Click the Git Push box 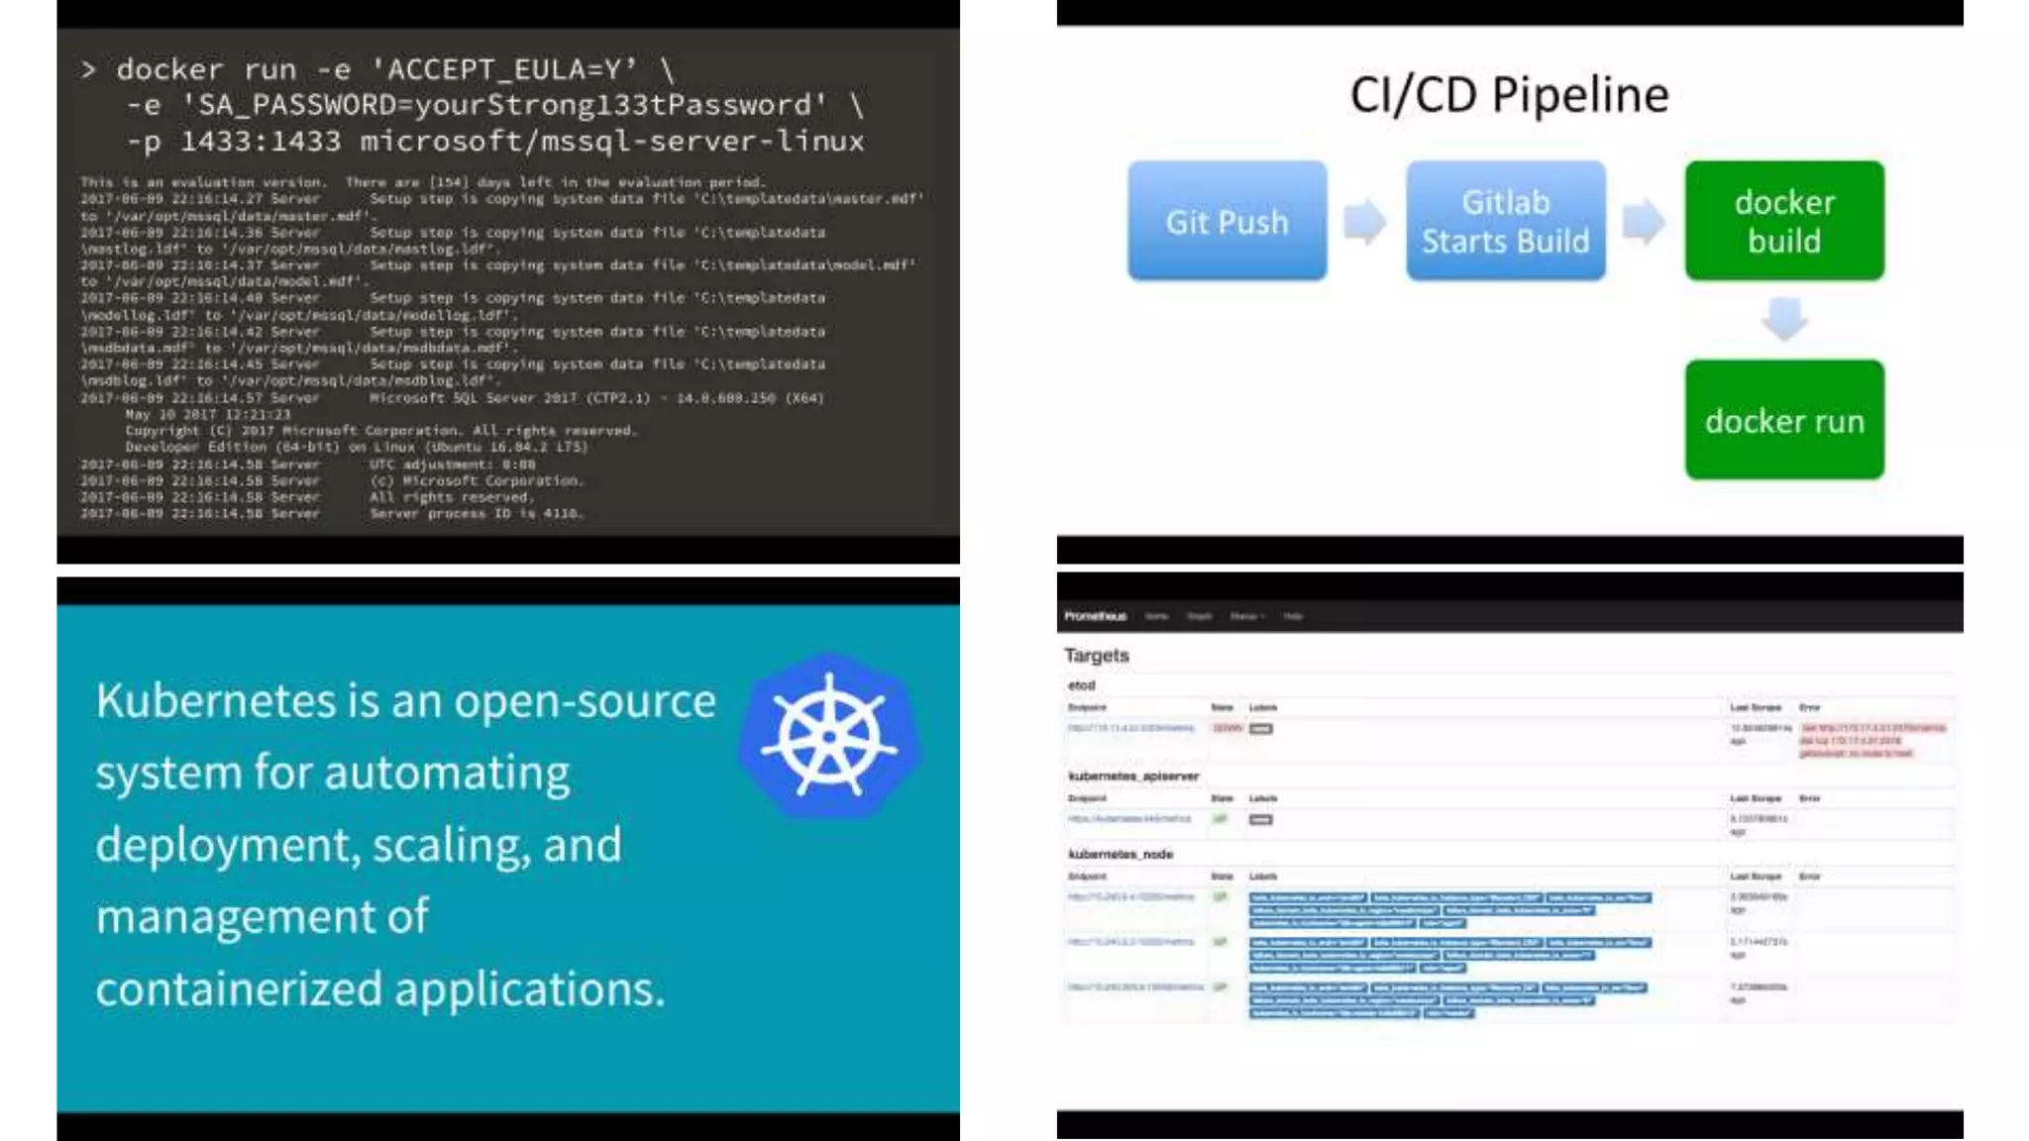[x=1227, y=221]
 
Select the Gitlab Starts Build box [x=1505, y=221]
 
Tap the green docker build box [x=1784, y=221]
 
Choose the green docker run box [x=1784, y=420]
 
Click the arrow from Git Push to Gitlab [x=1365, y=221]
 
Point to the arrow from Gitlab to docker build [x=1644, y=221]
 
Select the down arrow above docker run [x=1784, y=319]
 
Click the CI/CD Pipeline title [x=1509, y=95]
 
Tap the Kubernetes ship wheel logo [x=829, y=736]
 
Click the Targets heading [x=1096, y=656]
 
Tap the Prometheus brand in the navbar [x=1095, y=616]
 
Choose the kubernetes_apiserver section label [x=1133, y=776]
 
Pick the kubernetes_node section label [x=1121, y=854]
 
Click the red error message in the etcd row [x=1872, y=740]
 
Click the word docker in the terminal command [x=169, y=69]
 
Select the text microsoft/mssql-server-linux [x=612, y=142]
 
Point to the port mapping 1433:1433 [x=260, y=142]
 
